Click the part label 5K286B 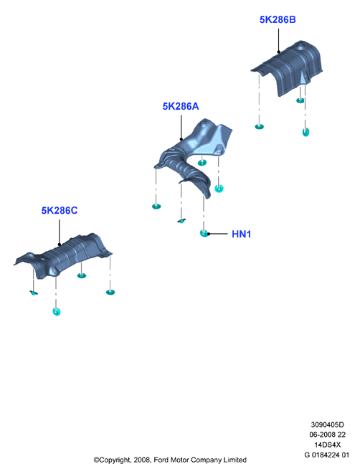point(278,19)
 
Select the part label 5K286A point(181,106)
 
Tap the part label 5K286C point(60,210)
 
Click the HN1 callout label point(241,234)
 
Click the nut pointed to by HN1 point(204,233)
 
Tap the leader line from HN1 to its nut point(217,234)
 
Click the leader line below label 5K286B point(278,40)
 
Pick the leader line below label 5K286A point(181,127)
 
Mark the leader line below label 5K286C point(60,232)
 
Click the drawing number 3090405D point(327,425)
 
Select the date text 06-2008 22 point(327,435)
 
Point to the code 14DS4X point(327,445)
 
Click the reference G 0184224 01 point(327,455)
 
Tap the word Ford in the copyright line point(161,460)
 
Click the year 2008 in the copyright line point(142,460)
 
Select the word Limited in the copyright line point(235,460)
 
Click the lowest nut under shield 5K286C point(56,311)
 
